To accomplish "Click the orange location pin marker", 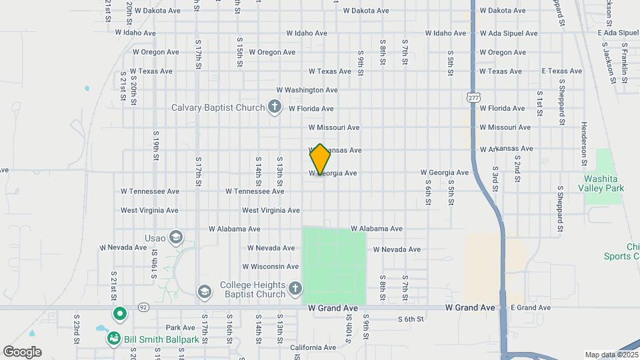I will (320, 159).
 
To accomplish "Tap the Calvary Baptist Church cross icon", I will (274, 107).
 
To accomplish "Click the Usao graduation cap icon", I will (175, 237).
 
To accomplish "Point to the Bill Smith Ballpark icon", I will (114, 339).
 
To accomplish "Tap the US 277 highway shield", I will (473, 97).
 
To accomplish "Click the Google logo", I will (22, 352).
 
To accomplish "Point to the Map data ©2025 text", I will (610, 355).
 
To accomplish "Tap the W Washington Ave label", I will (307, 90).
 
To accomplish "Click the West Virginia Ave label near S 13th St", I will (271, 210).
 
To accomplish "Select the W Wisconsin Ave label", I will (271, 266).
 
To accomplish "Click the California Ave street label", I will (313, 347).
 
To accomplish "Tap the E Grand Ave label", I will (531, 307).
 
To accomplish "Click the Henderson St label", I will (583, 143).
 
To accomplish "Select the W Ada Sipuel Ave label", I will (512, 33).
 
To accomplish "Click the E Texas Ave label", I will (562, 71).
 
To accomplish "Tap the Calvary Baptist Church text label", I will (218, 107).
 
